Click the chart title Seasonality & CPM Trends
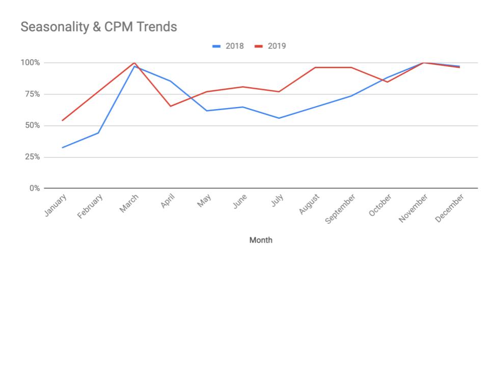pos(98,28)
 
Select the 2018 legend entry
pos(228,46)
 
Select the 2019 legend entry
pos(270,46)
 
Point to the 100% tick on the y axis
pos(30,63)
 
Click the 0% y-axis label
pos(34,188)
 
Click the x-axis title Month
pos(260,240)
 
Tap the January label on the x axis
pos(55,205)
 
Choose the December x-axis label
pos(450,208)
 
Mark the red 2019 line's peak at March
pos(134,63)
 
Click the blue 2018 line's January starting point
pos(62,148)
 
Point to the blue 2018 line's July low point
pos(279,118)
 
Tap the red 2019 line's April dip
pos(170,106)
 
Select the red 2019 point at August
pos(315,67)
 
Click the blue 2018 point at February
pos(98,133)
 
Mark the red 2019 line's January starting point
pos(62,120)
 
